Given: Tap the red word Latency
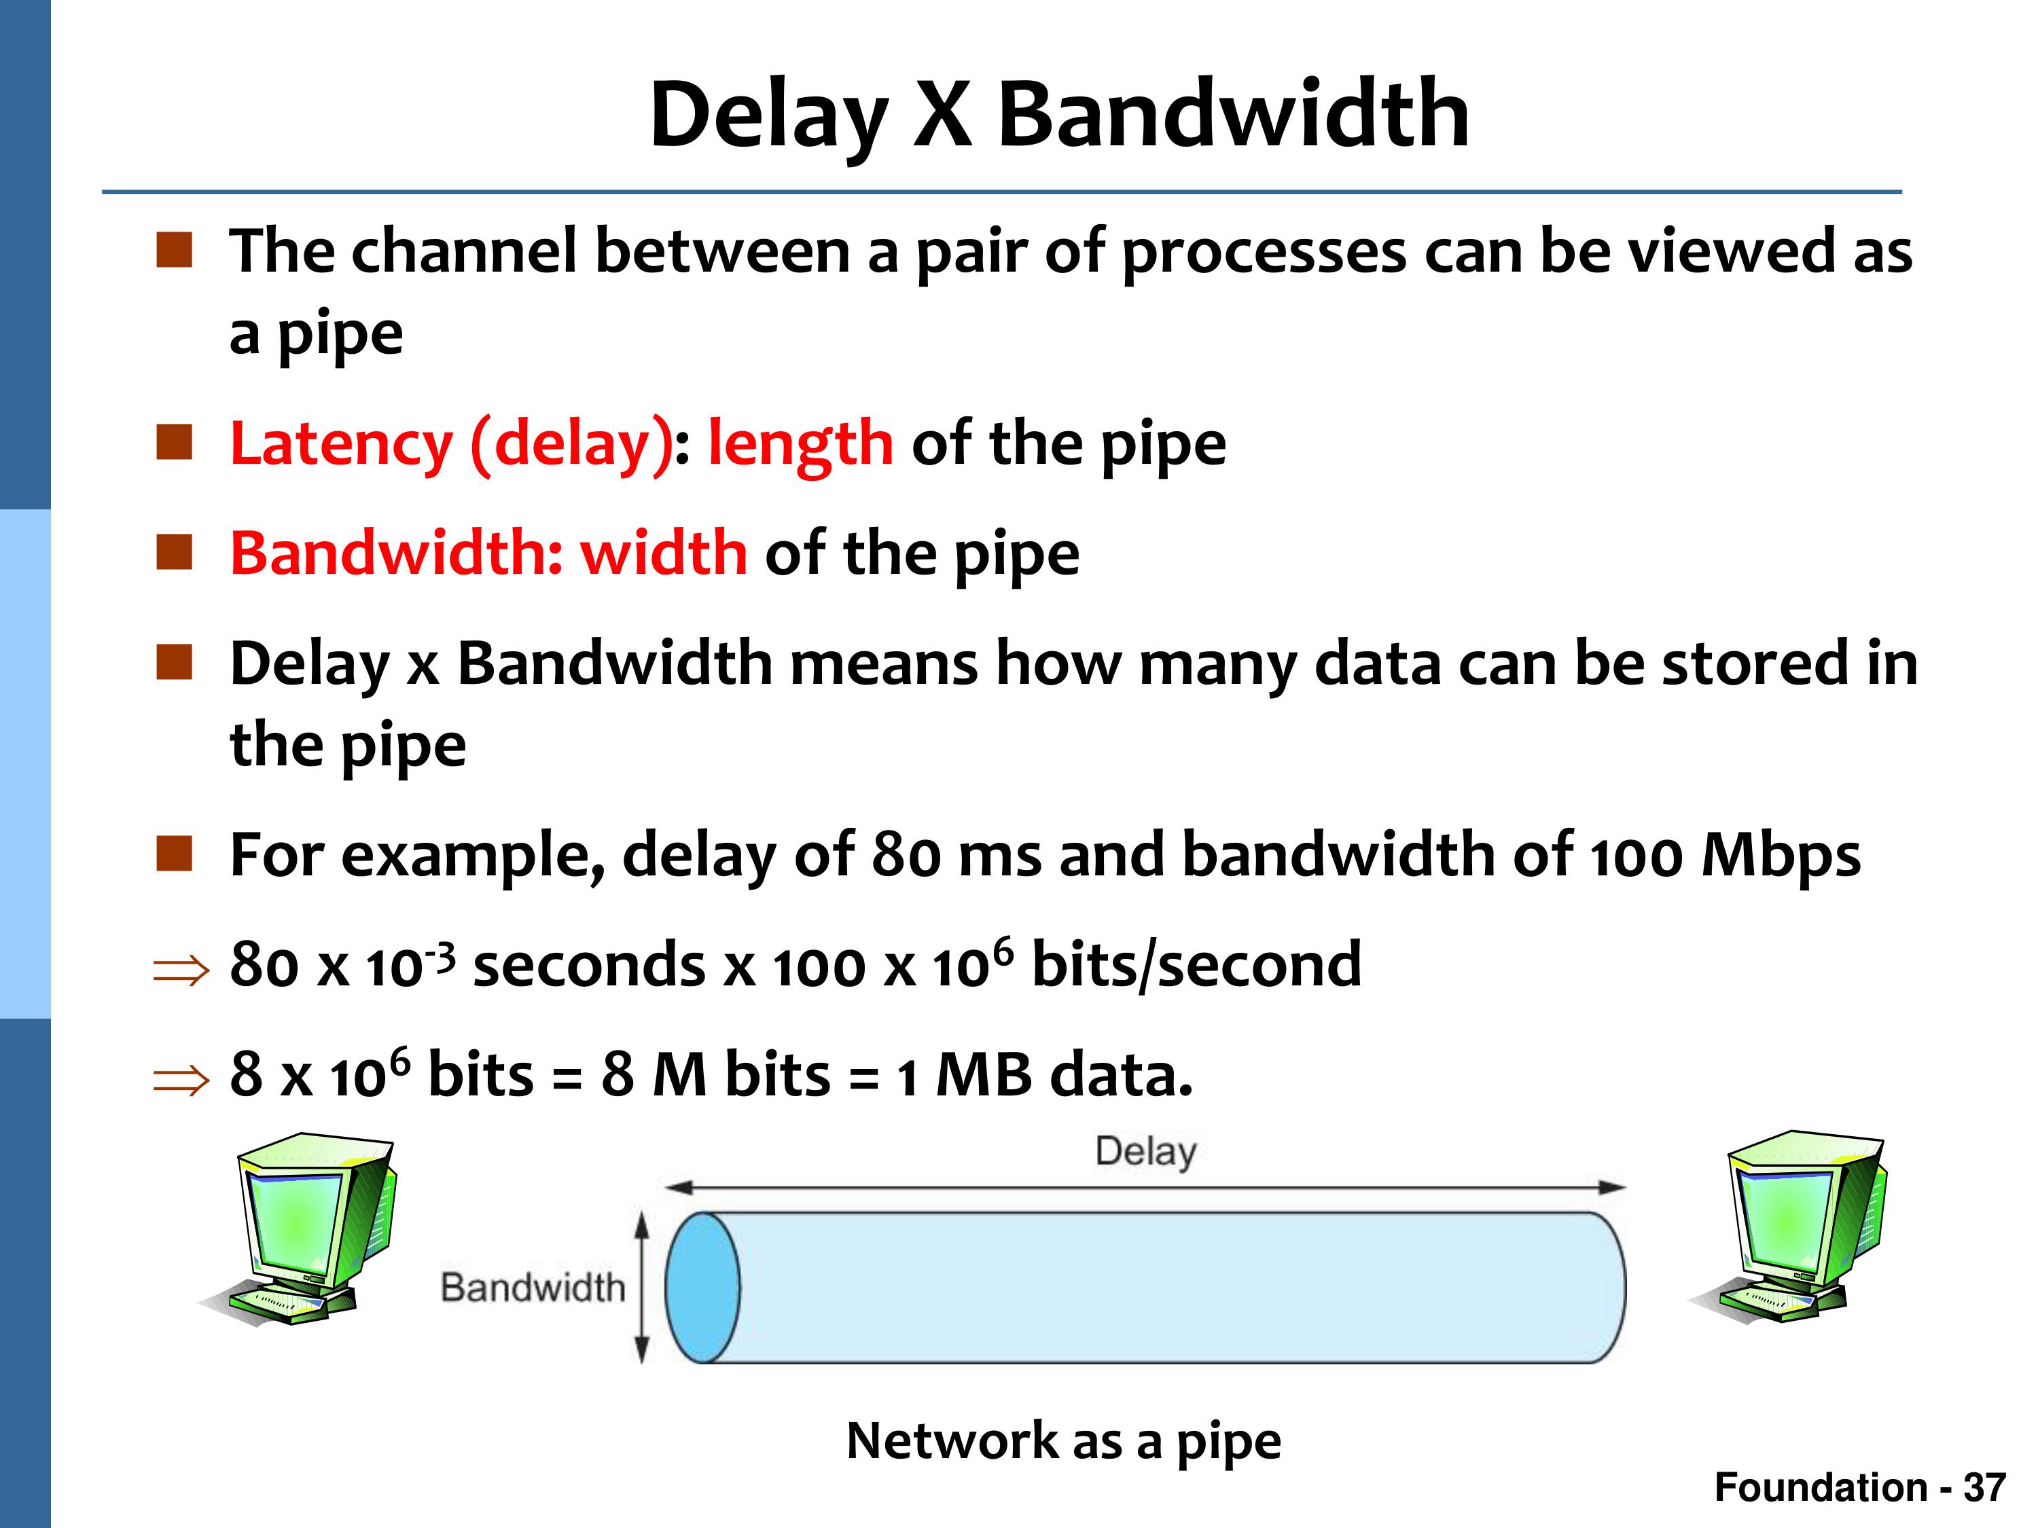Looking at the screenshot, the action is click(341, 444).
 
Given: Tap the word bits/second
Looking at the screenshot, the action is click(1196, 965).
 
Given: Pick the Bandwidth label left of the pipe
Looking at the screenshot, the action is click(533, 1288).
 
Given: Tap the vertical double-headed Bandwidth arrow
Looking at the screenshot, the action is click(642, 1288).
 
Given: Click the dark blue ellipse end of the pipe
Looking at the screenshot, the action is click(702, 1288).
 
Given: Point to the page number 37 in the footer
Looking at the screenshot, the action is click(1984, 1487).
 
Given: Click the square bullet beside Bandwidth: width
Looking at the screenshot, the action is click(174, 553).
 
